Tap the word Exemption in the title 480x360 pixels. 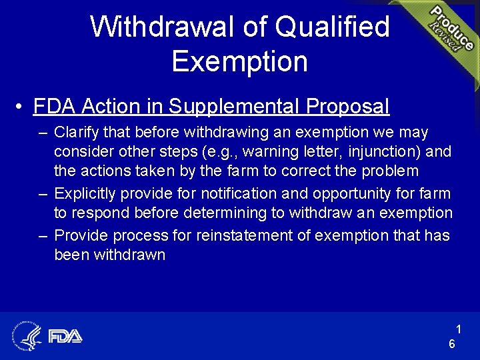(239, 61)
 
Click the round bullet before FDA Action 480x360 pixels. (21, 107)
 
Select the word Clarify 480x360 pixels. (75, 132)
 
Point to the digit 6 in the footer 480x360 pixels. (452, 344)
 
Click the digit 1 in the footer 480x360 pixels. (459, 328)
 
